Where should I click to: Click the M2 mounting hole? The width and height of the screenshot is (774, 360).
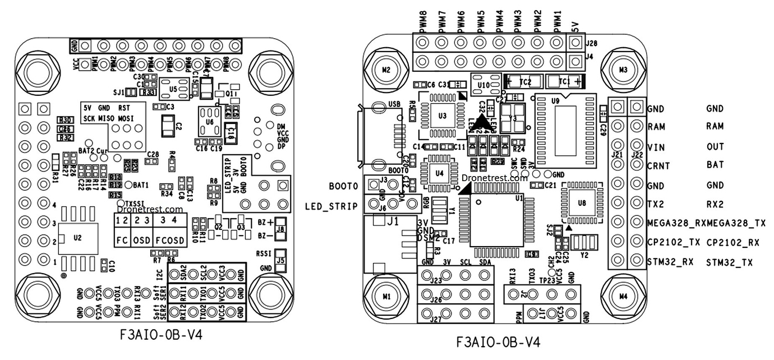coord(385,70)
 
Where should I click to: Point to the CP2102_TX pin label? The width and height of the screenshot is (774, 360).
coord(673,242)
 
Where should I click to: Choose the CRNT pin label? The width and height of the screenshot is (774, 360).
coord(659,166)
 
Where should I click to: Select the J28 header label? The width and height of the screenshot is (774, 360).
coord(592,43)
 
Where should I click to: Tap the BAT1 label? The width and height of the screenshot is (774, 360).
coord(140,184)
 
